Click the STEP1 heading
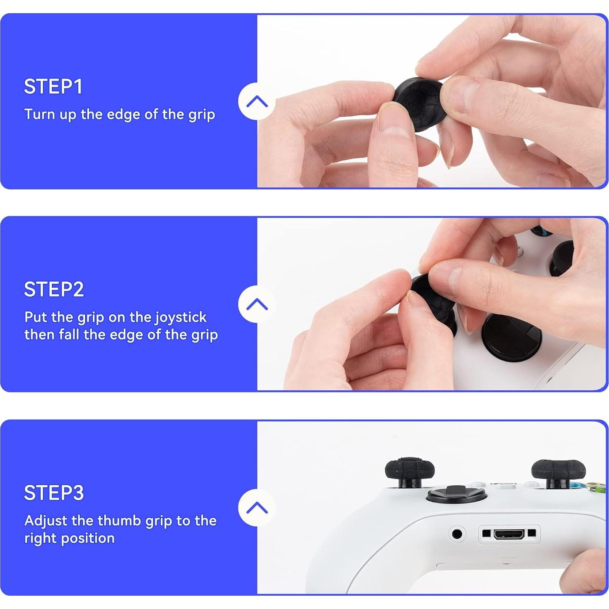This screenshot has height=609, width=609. [x=53, y=87]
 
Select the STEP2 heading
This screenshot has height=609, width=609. [x=53, y=289]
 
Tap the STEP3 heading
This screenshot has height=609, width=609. [x=53, y=493]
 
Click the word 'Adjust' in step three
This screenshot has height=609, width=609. [x=46, y=521]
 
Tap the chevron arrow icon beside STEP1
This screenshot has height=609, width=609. [x=257, y=102]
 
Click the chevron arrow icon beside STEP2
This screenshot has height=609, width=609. [x=257, y=304]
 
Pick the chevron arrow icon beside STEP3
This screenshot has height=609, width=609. [x=257, y=508]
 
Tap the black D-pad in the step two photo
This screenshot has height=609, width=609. [x=510, y=336]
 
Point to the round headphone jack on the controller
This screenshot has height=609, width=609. [x=457, y=534]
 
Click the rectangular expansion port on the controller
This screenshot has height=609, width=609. [x=509, y=534]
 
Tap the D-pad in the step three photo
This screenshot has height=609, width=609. [x=455, y=494]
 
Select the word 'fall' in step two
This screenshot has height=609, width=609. [x=69, y=335]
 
